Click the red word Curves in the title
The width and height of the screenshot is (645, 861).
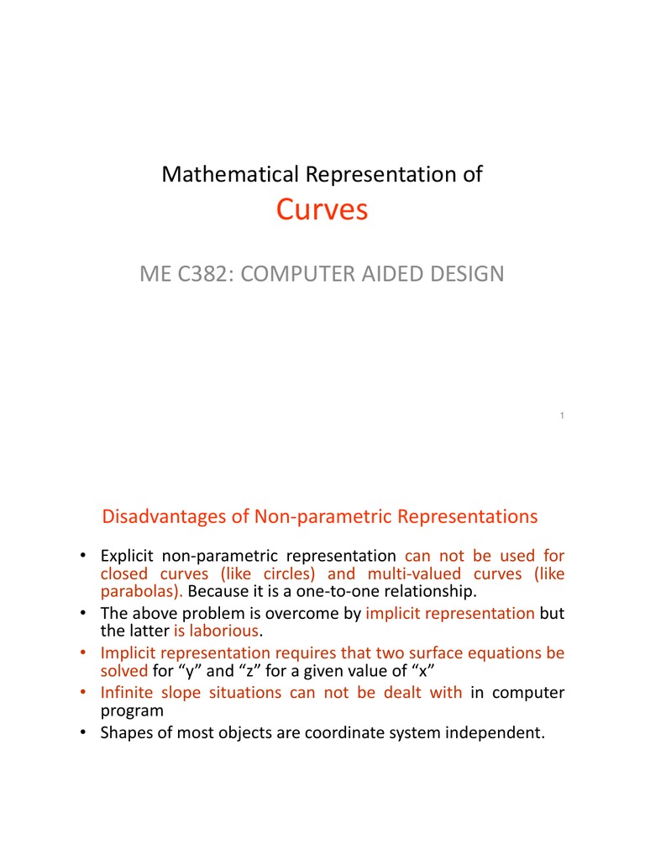(x=322, y=210)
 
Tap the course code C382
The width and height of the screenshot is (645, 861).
(x=205, y=273)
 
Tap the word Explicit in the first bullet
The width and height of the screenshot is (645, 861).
(x=127, y=556)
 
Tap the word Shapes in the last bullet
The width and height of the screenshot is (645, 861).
(x=125, y=732)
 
